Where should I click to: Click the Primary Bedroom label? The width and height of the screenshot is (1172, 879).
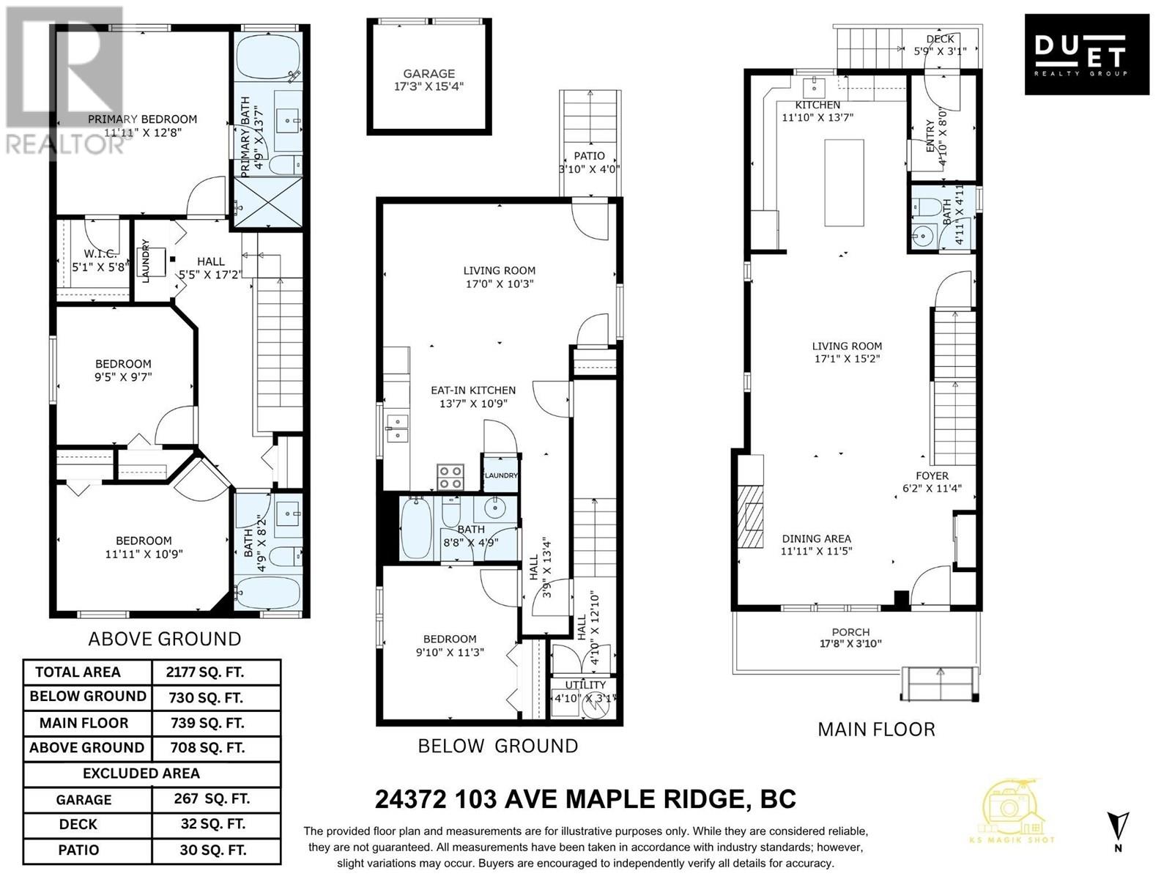coord(143,119)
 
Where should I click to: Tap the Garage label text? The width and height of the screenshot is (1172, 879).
coord(429,74)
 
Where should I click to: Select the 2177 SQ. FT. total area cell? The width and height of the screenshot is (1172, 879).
coord(205,672)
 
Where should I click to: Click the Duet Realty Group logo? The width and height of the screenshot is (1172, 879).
coord(1086,54)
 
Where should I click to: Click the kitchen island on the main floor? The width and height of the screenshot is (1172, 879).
coord(844,182)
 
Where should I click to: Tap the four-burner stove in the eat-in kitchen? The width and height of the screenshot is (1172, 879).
coord(450,477)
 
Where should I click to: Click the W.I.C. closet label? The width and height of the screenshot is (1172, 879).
coord(100,254)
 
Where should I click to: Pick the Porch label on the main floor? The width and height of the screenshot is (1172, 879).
coord(850,632)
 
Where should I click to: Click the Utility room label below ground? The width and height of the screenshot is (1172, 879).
coord(586,685)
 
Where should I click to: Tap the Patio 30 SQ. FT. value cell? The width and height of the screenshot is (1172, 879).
coord(212,850)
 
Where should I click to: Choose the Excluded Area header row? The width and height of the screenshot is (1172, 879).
coord(141,774)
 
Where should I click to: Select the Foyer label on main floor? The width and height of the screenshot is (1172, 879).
coord(932,475)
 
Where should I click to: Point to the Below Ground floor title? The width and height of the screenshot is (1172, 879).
coord(497,746)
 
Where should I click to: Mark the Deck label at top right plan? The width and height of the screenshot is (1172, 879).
coord(940,39)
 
